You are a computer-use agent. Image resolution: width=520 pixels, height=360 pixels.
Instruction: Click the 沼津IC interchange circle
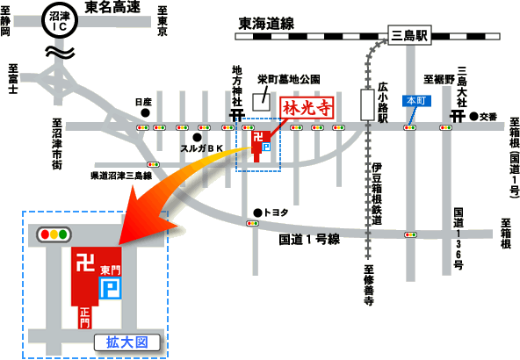(x=60, y=20)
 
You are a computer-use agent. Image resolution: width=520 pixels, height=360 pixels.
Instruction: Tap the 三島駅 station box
(x=409, y=35)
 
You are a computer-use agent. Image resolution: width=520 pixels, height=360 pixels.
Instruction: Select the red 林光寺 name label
(x=307, y=107)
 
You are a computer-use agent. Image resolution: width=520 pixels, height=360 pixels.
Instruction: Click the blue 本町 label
(x=416, y=101)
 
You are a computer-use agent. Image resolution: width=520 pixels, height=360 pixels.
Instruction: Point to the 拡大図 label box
(x=127, y=342)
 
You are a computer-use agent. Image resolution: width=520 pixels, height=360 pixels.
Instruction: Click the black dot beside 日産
(x=145, y=113)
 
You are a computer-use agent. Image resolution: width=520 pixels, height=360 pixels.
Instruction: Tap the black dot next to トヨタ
(x=257, y=212)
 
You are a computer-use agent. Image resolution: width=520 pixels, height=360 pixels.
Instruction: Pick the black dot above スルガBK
(x=197, y=137)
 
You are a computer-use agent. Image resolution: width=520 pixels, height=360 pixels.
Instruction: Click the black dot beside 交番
(x=474, y=117)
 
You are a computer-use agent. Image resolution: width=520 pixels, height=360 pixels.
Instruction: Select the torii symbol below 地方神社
(x=237, y=115)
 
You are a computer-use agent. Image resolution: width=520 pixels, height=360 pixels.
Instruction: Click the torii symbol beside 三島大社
(x=458, y=116)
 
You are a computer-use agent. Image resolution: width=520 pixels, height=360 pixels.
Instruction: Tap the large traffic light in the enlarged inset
(x=54, y=234)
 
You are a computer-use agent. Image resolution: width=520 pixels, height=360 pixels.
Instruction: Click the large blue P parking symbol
(x=111, y=288)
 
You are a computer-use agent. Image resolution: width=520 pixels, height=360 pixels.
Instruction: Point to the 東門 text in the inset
(x=111, y=270)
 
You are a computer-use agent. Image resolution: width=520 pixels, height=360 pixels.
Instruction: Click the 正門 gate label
(x=85, y=317)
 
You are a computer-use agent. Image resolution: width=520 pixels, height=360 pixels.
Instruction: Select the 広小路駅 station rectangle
(x=367, y=104)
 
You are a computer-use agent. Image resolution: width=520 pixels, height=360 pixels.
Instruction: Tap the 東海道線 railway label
(x=266, y=24)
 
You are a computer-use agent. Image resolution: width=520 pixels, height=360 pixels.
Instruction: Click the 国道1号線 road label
(x=309, y=240)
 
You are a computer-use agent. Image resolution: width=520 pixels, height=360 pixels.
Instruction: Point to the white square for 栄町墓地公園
(x=261, y=102)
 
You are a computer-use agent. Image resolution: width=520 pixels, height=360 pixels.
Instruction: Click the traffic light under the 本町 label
(x=410, y=127)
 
